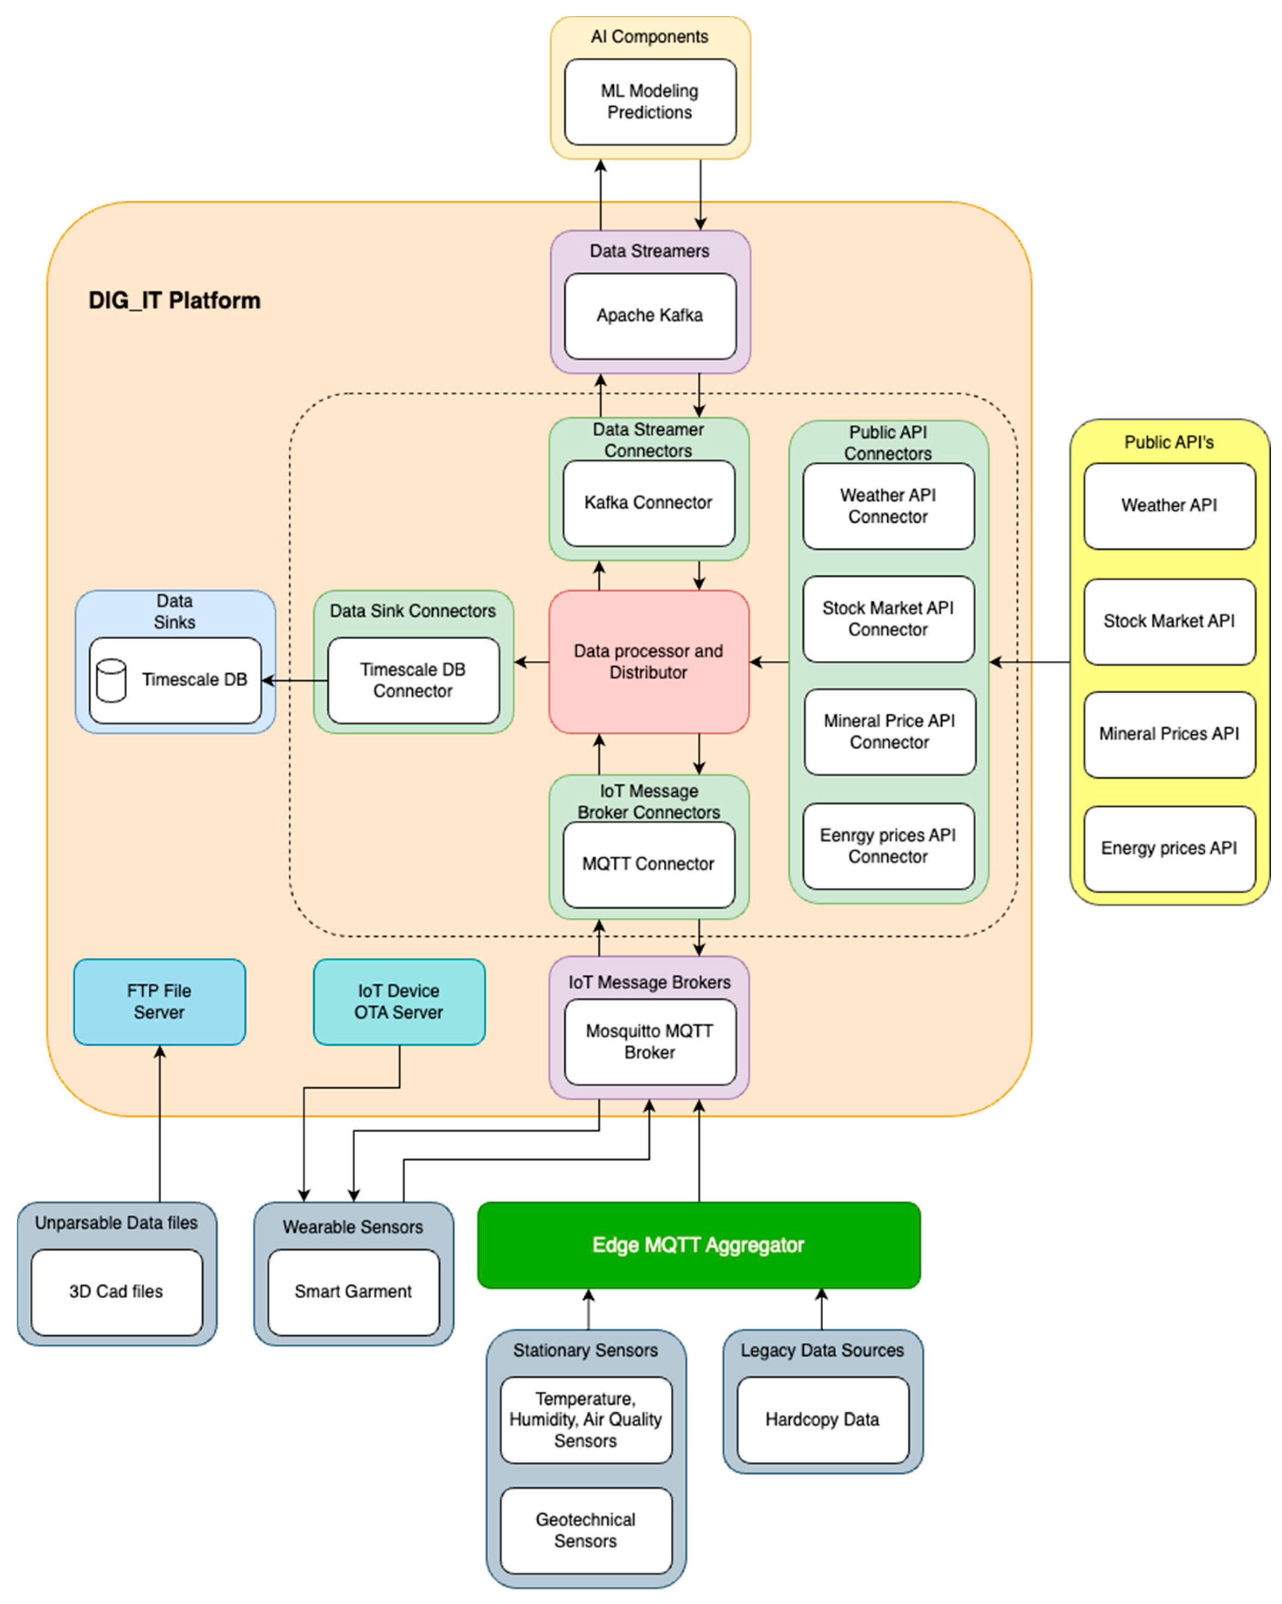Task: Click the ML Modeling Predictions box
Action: coord(649,102)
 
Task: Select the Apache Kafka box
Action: coord(649,316)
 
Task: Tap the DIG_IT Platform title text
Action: coord(174,301)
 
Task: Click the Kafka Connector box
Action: coord(648,503)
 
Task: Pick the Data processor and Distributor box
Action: coord(648,661)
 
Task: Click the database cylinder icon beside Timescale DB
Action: coord(111,680)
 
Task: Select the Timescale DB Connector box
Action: coord(413,680)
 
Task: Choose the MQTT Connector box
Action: coord(648,864)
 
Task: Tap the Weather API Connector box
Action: coord(888,506)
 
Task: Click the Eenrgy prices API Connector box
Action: coord(888,846)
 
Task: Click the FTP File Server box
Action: coord(159,1001)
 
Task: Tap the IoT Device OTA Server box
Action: coord(399,1001)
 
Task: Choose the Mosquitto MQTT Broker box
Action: coord(649,1042)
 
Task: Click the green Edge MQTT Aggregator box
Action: coord(698,1245)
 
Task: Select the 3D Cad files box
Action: coord(116,1292)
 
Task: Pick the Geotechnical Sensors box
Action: coord(586,1530)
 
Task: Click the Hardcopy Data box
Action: coord(822,1420)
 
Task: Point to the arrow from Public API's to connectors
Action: coord(1031,661)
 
